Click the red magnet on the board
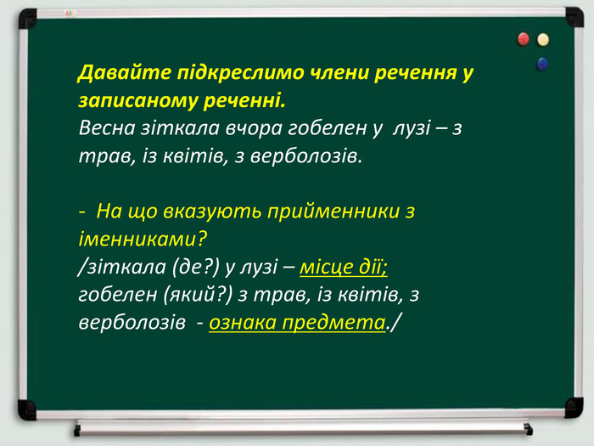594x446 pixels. point(524,39)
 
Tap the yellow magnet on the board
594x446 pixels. point(543,39)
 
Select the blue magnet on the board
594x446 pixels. point(542,64)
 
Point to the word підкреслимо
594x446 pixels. point(240,72)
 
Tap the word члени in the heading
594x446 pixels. point(339,72)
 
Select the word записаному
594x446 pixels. point(137,100)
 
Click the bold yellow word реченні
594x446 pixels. point(244,100)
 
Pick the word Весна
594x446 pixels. point(107,127)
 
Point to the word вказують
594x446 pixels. point(212,212)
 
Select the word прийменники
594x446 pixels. point(333,211)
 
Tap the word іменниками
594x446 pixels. point(143,239)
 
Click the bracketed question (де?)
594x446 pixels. point(196,267)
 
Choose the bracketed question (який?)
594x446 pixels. point(198,295)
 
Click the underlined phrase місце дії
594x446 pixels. point(344,267)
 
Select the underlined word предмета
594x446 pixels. point(333,323)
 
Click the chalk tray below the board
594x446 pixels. point(303,428)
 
